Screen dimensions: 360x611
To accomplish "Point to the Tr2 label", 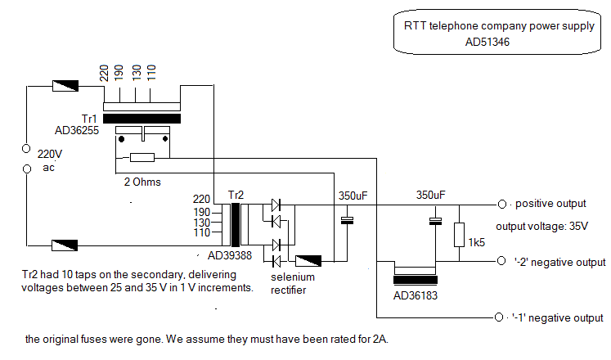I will pos(236,196).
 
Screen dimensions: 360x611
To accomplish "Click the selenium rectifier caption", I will pos(294,283).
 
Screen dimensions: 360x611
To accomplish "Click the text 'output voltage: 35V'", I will pos(542,227).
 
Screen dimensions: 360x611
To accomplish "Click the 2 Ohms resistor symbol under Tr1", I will pos(142,157).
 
